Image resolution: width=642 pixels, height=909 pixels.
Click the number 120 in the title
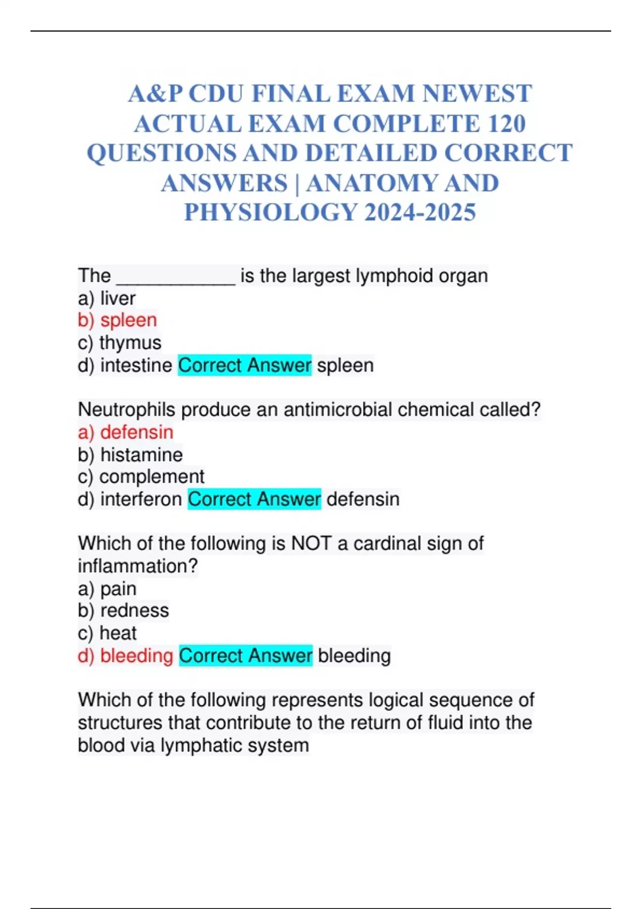(506, 124)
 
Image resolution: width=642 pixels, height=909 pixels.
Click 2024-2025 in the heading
(420, 212)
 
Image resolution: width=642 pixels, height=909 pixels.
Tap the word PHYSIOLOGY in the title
(271, 212)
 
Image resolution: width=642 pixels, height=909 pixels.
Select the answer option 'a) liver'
(106, 298)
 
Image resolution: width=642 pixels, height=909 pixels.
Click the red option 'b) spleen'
(117, 320)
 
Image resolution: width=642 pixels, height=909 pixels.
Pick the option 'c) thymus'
(119, 343)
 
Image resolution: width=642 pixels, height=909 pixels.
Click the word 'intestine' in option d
(136, 365)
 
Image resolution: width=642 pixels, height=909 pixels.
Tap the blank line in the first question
(175, 277)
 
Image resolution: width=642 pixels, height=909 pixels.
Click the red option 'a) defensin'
(125, 432)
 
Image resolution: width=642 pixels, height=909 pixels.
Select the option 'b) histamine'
(130, 454)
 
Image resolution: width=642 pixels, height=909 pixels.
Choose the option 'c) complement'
(141, 476)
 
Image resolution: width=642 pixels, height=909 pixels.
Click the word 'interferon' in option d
(141, 499)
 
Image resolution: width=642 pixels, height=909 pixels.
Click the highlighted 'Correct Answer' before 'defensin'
(254, 499)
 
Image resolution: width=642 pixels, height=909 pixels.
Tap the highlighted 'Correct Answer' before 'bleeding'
(245, 656)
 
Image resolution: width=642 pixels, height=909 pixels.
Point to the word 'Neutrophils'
(126, 410)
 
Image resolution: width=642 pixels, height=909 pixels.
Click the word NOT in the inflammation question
(311, 543)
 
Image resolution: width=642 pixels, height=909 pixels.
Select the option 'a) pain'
(107, 589)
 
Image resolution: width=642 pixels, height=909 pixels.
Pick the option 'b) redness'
(123, 611)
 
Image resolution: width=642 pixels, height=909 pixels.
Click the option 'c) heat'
(107, 633)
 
